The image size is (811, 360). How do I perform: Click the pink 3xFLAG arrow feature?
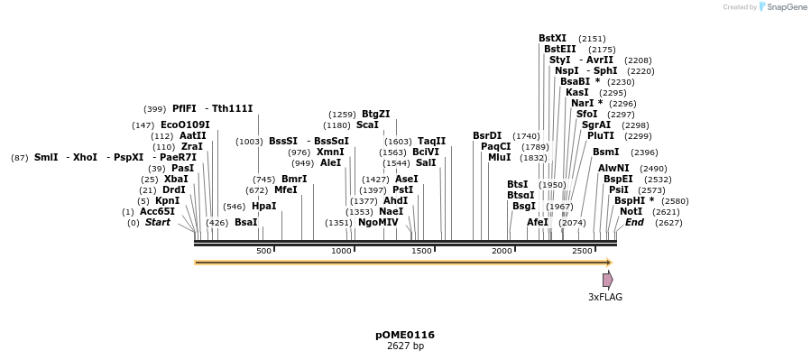pos(608,280)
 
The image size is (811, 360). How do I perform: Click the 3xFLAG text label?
pos(605,297)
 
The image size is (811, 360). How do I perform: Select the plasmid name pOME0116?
pos(405,335)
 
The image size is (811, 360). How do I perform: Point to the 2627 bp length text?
pos(405,346)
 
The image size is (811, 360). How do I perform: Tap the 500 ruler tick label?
pos(263,251)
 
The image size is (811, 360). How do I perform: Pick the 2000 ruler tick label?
pos(502,251)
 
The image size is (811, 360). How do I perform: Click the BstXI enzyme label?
pos(552,38)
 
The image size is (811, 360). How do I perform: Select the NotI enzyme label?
pos(631,211)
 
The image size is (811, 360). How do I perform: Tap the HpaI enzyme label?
pos(264,206)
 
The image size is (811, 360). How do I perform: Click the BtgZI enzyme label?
pos(376,114)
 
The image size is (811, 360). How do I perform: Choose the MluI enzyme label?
pos(499,157)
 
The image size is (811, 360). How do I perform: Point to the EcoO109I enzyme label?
pos(185,125)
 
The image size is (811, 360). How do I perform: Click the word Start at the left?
pos(158,223)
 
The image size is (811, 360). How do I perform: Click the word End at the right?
pos(634,223)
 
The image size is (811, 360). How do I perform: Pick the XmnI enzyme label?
pos(330,152)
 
